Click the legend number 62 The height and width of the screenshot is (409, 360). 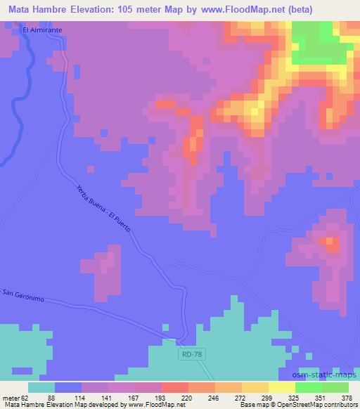(x=26, y=397)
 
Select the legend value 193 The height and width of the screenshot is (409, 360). (x=161, y=397)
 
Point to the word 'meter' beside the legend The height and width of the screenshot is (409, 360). (x=11, y=397)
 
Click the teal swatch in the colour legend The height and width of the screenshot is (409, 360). (x=41, y=387)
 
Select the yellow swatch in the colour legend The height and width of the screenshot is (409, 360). (x=281, y=387)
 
